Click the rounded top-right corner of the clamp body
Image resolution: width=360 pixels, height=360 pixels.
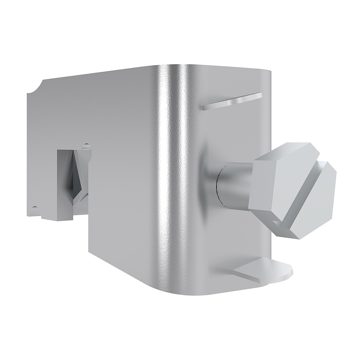(x=265, y=74)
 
